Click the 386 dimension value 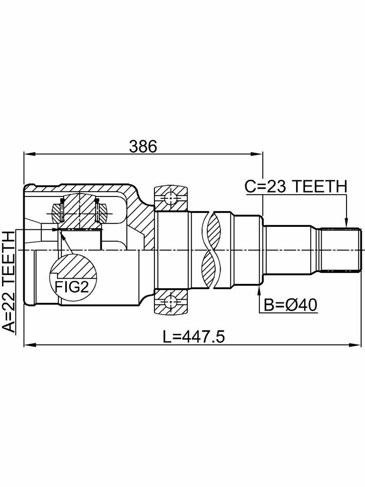[143, 146]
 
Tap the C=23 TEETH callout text [296, 186]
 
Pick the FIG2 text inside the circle [72, 287]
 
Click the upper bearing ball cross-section [171, 197]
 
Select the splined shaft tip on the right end [340, 249]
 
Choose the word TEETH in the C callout [319, 186]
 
